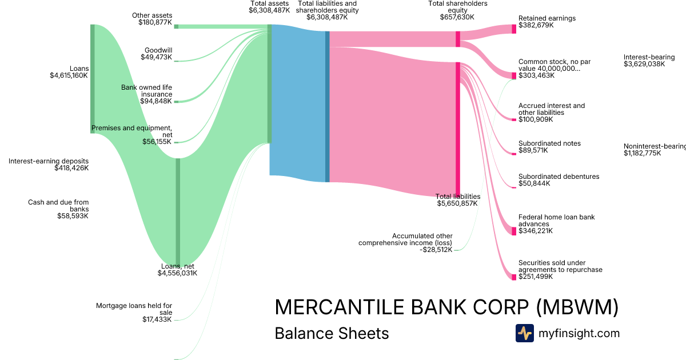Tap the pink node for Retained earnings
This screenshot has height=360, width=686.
(x=514, y=29)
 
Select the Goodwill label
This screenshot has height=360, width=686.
(x=158, y=50)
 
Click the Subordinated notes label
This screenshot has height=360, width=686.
(x=549, y=143)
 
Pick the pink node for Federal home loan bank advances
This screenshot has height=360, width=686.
(x=514, y=231)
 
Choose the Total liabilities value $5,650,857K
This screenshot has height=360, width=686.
(x=457, y=203)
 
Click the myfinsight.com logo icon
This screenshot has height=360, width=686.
(x=524, y=333)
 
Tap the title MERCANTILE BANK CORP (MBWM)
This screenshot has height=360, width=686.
(x=446, y=307)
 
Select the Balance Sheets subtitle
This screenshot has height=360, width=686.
(x=332, y=333)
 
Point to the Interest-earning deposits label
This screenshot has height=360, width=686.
(x=49, y=161)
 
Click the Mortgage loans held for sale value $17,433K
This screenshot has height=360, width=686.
(x=157, y=319)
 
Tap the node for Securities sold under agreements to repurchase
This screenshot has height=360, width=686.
(x=514, y=277)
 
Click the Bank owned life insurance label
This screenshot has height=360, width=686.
(x=146, y=91)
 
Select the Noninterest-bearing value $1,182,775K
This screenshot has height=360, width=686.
(x=642, y=153)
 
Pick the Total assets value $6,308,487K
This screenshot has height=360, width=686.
(x=269, y=10)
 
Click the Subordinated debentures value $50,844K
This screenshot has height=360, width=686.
(x=534, y=183)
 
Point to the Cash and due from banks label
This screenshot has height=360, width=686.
(x=58, y=206)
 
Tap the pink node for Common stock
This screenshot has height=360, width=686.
(x=514, y=75)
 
